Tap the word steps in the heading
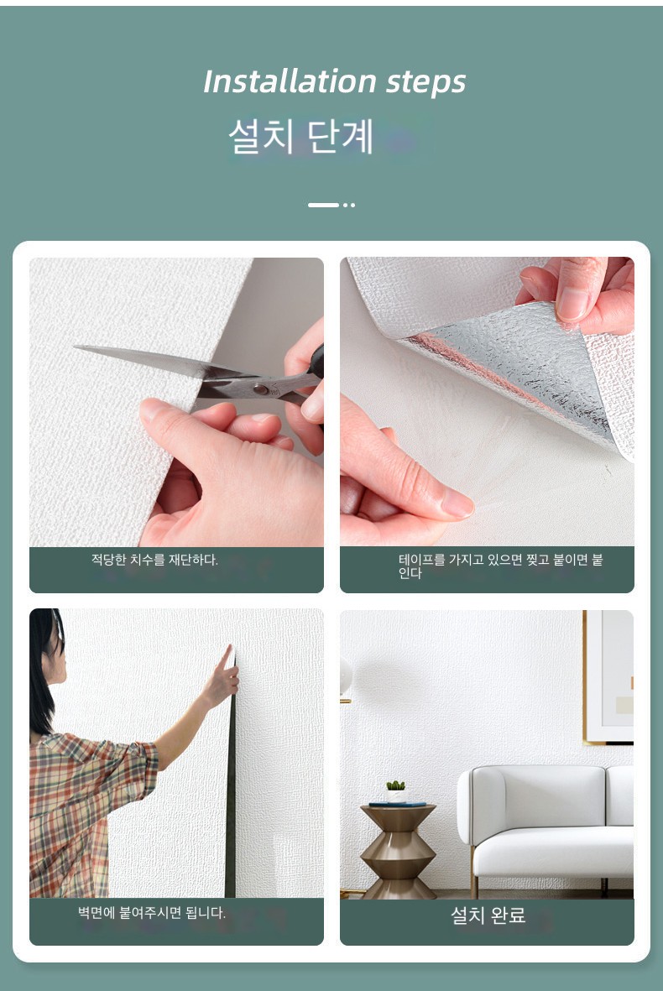pos(426,83)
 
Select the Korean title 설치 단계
pos(300,136)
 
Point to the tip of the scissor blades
pos(75,347)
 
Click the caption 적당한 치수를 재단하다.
pos(154,560)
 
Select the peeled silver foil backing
pos(519,367)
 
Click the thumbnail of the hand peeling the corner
pos(487,401)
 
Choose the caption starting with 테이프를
pos(500,566)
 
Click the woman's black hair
pos(44,669)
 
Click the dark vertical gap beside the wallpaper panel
pos(231,777)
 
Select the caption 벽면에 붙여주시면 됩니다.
pos(152,913)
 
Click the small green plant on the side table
pos(395,785)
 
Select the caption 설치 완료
pos(488,915)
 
